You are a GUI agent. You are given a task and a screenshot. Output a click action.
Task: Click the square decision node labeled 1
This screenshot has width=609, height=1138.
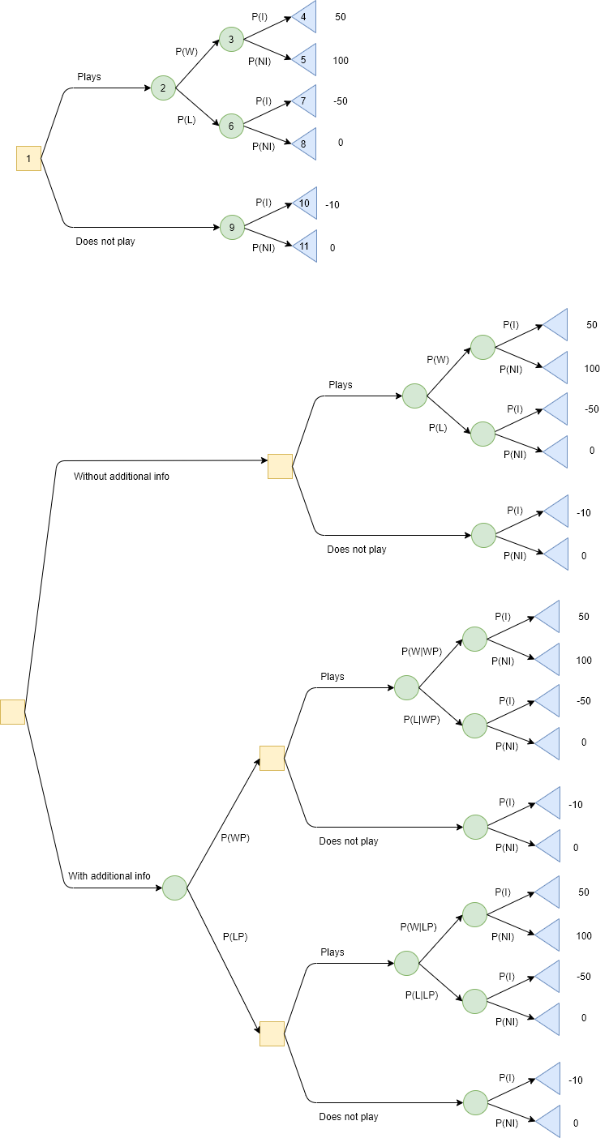coord(28,159)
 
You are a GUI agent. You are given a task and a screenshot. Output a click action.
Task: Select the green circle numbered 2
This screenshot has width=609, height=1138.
coord(163,88)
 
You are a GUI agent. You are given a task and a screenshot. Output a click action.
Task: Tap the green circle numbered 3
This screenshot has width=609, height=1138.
coord(231,39)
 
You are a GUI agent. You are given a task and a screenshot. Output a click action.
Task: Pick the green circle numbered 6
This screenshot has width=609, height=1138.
coord(231,126)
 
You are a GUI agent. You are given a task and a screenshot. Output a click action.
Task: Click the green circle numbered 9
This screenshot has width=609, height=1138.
coord(232,227)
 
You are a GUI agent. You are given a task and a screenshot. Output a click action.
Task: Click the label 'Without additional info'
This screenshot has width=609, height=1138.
coord(122,476)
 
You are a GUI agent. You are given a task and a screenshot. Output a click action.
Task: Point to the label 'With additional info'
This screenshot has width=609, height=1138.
coord(109,876)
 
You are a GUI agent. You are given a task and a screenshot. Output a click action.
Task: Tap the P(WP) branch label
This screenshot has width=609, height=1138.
coord(235,838)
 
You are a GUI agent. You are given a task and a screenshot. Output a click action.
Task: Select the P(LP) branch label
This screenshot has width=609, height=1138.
coord(235,936)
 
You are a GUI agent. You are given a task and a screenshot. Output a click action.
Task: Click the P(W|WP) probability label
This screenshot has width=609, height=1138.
coord(422,652)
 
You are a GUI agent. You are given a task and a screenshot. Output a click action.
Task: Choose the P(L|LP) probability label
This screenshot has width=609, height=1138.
coord(422,995)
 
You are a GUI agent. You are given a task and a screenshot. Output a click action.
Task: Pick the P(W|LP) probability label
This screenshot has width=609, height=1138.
coord(418,926)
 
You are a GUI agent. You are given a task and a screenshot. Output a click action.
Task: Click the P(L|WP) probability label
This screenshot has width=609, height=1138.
coord(422,720)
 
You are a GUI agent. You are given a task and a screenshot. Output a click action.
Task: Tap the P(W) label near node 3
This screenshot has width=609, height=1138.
coord(187,51)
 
